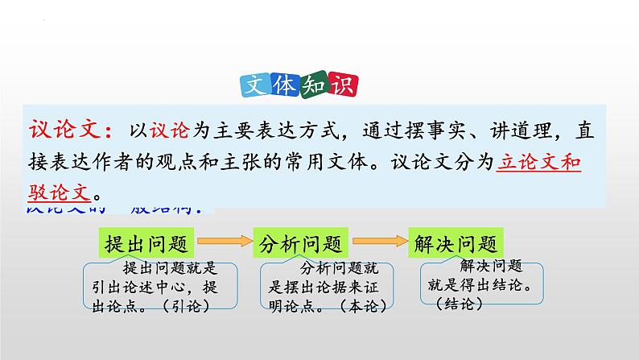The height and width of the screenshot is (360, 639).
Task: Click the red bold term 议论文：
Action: (73, 130)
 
